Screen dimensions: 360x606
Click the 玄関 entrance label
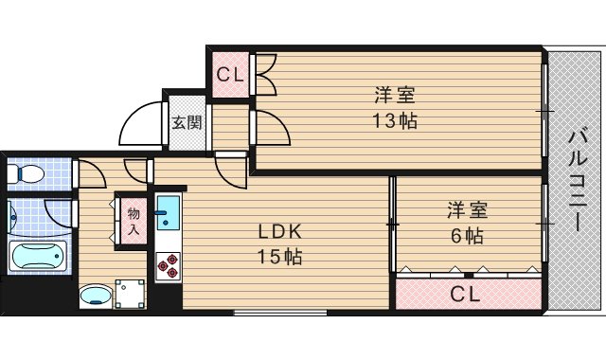point(187,121)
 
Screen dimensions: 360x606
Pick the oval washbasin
point(94,297)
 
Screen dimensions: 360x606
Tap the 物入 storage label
point(134,222)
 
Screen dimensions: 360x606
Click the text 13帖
point(395,120)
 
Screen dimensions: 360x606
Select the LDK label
point(281,231)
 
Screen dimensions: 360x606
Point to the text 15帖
point(281,256)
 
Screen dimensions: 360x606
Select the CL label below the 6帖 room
point(464,294)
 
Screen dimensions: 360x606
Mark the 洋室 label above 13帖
point(395,95)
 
